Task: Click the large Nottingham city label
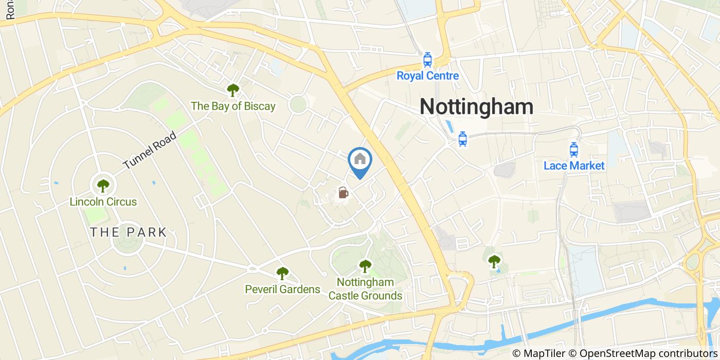[476, 106]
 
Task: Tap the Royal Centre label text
[427, 76]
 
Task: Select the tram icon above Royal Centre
[427, 61]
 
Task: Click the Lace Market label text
[574, 166]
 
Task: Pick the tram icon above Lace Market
[574, 150]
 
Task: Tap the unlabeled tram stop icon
[462, 139]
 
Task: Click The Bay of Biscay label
[233, 106]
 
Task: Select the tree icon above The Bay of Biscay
[233, 91]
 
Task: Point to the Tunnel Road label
[150, 151]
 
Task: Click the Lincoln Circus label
[103, 202]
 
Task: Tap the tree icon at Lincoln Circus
[103, 185]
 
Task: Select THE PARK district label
[129, 232]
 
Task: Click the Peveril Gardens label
[282, 290]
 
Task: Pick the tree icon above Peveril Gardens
[282, 273]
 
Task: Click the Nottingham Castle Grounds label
[365, 289]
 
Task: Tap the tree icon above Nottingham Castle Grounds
[365, 266]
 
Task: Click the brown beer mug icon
[343, 193]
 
